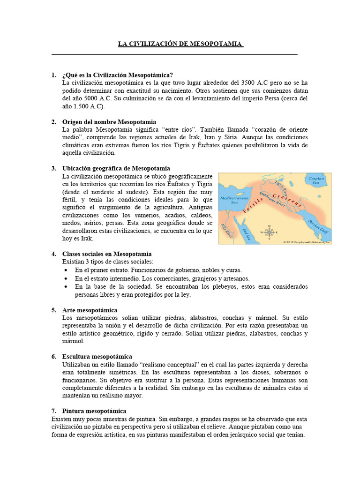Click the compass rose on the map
tap(270, 232)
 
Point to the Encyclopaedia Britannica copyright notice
tap(307, 242)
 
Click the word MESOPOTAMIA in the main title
tap(216, 44)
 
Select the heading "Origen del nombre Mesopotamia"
tap(109, 122)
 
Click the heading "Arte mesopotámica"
tap(90, 310)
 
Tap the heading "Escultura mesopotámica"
tap(97, 357)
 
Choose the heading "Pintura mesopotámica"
tap(94, 411)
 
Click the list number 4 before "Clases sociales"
tap(53, 254)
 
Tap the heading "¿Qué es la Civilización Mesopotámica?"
tap(118, 75)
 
